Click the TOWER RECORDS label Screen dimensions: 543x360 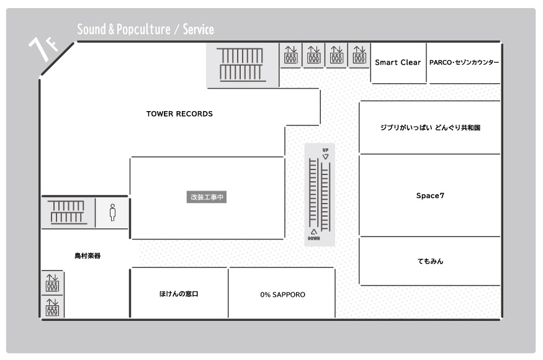(x=179, y=114)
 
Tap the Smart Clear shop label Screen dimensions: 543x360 (x=398, y=62)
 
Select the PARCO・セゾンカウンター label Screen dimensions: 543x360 (x=464, y=62)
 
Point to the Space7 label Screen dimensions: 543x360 (x=430, y=196)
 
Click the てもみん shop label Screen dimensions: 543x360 (x=430, y=261)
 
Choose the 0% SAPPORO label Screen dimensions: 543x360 (x=282, y=294)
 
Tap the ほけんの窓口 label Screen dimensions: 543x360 (x=179, y=294)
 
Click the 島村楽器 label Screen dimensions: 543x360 (x=88, y=256)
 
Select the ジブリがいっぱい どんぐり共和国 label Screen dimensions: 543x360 (x=430, y=127)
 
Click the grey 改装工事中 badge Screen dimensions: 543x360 (x=207, y=197)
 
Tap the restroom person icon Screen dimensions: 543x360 (x=112, y=212)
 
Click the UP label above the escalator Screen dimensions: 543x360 (x=326, y=150)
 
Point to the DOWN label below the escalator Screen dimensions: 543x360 (x=314, y=238)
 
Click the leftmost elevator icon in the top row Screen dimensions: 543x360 (x=291, y=55)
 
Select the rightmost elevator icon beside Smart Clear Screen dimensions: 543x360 (x=359, y=55)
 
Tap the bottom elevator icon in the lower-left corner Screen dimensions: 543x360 (x=52, y=307)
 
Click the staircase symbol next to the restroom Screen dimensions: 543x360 (x=67, y=212)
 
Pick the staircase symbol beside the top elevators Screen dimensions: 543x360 (x=240, y=65)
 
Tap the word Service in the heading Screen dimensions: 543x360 (x=198, y=29)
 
